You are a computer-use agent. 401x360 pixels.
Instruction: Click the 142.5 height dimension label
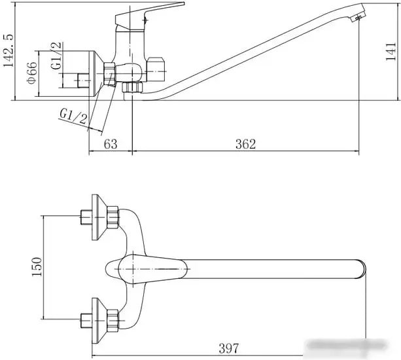click(9, 50)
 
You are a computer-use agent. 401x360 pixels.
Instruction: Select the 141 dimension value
click(391, 52)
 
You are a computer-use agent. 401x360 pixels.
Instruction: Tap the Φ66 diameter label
click(32, 73)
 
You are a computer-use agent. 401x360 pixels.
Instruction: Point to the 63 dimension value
click(111, 144)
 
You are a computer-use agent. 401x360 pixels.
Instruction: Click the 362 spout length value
click(245, 144)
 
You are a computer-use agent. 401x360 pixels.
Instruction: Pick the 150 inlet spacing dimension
click(37, 267)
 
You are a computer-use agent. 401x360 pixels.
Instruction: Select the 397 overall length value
click(228, 348)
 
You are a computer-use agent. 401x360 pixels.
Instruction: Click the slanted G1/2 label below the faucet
click(74, 116)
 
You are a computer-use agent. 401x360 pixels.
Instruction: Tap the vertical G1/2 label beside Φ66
click(56, 56)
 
